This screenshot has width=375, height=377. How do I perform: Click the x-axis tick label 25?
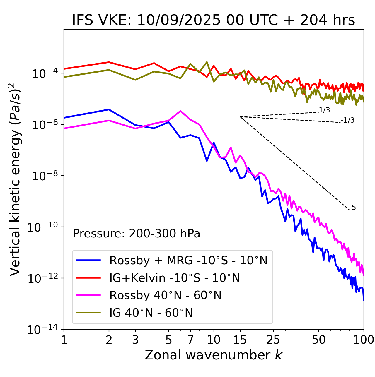point(273,340)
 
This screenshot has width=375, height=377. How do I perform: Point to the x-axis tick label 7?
point(190,340)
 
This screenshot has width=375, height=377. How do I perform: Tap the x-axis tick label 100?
point(364,340)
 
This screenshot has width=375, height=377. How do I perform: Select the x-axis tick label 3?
point(135,340)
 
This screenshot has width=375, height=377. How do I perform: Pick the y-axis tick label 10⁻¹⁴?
point(44,330)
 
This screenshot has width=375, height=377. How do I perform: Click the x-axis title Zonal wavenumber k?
point(213,355)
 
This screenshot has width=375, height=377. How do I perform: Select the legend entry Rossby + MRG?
point(188,260)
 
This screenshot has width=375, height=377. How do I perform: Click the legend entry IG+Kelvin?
point(175,278)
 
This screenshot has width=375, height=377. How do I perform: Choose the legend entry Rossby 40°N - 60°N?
point(165,295)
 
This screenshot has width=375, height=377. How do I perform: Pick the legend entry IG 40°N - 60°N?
point(151,313)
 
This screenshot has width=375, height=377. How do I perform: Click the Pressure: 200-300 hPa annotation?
point(136,234)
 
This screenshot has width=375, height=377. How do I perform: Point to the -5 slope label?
point(353,208)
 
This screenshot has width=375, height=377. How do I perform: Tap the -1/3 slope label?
point(348,120)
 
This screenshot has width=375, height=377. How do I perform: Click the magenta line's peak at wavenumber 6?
point(180,111)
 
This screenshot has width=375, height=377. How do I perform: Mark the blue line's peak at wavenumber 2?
point(109,109)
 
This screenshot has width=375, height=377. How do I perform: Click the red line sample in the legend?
point(88,278)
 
